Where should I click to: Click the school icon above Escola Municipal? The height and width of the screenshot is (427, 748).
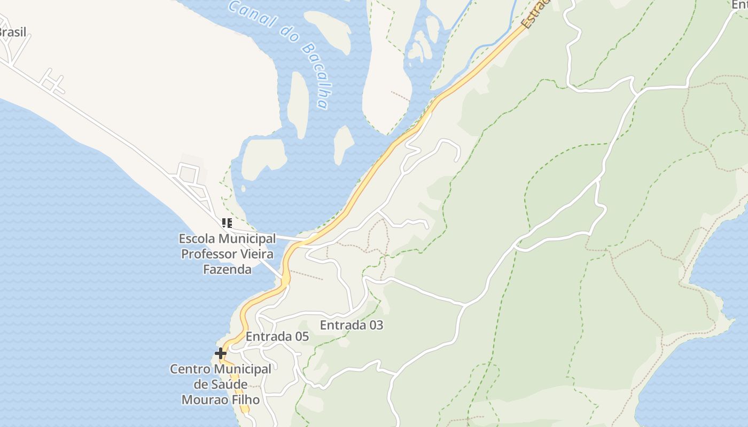click(227, 223)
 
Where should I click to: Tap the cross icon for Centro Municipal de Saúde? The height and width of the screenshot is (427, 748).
click(220, 353)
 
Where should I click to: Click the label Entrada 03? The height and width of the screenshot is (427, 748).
click(351, 325)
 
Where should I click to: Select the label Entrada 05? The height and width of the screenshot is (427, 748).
click(277, 337)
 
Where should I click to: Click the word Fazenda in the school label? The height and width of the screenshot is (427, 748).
click(227, 269)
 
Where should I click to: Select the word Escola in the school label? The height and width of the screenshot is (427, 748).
click(194, 238)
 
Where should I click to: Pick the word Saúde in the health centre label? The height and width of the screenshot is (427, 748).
click(228, 384)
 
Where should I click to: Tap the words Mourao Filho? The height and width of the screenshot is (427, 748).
click(220, 399)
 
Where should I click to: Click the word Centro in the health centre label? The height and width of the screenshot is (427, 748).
click(190, 369)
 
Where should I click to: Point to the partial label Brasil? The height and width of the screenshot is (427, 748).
click(12, 32)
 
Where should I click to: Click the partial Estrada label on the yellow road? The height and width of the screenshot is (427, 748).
click(534, 13)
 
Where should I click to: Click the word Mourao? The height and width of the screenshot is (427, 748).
click(202, 399)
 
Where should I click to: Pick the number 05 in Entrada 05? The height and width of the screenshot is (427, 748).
click(301, 337)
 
